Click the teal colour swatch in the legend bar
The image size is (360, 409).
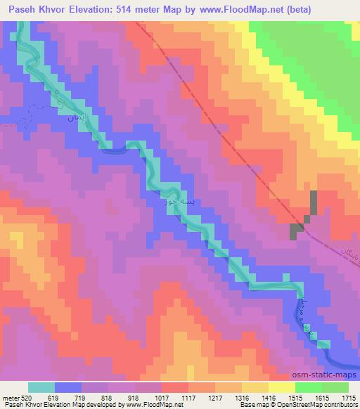tap(41, 388)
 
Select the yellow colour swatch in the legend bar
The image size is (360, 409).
tap(281, 388)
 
